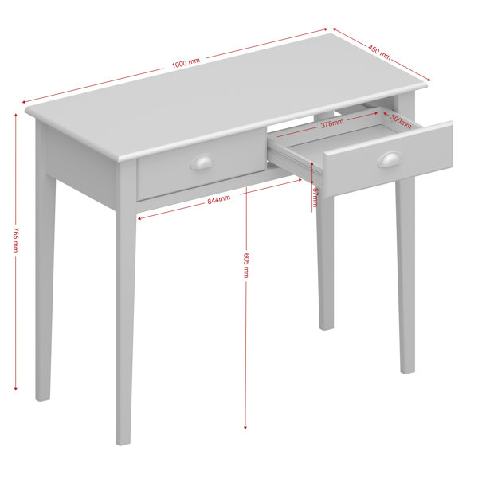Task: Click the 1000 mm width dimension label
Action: coord(186,63)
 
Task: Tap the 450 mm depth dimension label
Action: coord(379,52)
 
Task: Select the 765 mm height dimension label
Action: coord(16,240)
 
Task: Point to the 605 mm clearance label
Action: coord(246,265)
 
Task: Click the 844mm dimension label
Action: coord(219,200)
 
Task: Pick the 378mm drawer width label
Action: coord(332,123)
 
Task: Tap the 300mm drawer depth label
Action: coord(401,121)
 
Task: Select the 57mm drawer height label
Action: coord(315,197)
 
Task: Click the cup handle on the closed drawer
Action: coord(202,162)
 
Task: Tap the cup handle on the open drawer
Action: coord(390,159)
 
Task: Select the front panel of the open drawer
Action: coord(388,159)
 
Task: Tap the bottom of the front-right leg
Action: coord(407,370)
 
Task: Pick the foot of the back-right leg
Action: coord(326,327)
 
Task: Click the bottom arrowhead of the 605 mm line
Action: coord(245,427)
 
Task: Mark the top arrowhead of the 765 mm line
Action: coord(16,115)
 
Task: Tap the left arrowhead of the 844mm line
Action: coord(139,218)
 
